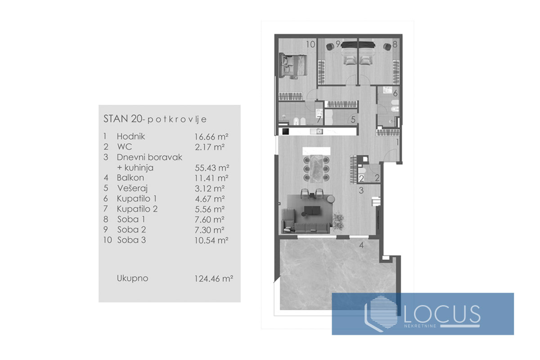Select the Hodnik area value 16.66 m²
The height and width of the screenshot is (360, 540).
(209, 136)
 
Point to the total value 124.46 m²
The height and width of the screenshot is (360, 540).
(211, 279)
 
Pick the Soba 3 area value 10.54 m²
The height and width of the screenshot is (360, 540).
(209, 240)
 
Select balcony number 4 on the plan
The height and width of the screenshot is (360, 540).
(361, 246)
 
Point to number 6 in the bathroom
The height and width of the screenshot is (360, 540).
(395, 94)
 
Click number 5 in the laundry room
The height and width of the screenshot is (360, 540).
(353, 120)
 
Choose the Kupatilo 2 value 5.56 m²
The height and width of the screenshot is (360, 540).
(209, 209)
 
